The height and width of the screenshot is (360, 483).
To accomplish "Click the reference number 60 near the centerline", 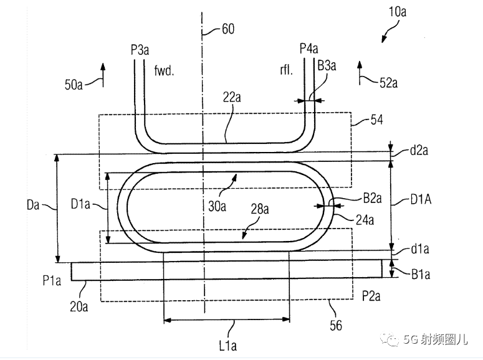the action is pos(228,29).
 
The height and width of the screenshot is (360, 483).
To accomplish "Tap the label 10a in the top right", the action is pos(398,12).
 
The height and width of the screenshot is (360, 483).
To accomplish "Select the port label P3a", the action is pos(140,50).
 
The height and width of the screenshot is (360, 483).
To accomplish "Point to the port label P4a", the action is pos(309,49).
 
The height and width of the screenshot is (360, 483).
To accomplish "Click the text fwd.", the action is pos(164,70).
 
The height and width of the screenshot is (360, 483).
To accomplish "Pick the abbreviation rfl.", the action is pos(286,70).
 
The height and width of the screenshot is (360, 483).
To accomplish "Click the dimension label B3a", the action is pos(327,65).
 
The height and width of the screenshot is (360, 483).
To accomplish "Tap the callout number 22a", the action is pos(232,97).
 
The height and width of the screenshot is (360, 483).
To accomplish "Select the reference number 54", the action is pos(376,120).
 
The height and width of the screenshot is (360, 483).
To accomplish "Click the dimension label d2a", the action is pos(419,150).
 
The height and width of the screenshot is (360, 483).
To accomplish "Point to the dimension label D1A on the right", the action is pos(421,199).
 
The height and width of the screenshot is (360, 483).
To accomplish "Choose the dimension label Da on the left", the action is pos(33,204).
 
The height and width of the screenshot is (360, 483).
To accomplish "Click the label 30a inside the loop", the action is pos(217,206).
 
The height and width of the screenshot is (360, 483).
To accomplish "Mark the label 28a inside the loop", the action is pos(260,209).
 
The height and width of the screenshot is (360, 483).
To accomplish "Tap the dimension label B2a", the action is pos(373,198).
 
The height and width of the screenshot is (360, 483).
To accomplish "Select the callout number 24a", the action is pos(365,220).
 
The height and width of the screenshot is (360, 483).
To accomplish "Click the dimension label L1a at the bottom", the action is pos(228,346).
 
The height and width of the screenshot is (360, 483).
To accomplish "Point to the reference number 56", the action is pos(336,326).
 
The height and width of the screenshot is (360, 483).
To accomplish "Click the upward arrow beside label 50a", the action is pos(103,75).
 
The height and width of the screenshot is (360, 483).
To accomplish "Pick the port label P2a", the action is pos(371,296).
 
